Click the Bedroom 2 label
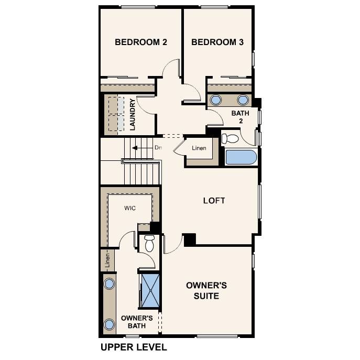140,42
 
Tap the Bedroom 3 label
217,42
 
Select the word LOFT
214,201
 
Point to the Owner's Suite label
206,291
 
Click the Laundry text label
133,115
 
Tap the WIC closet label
130,208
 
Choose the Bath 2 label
240,117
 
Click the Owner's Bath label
136,322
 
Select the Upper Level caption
133,347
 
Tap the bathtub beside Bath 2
241,158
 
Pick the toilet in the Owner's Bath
149,243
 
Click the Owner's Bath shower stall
150,290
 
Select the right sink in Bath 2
243,100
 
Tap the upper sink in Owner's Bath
109,284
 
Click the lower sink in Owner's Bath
109,324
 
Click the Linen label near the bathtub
199,148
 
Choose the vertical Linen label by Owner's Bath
107,260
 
